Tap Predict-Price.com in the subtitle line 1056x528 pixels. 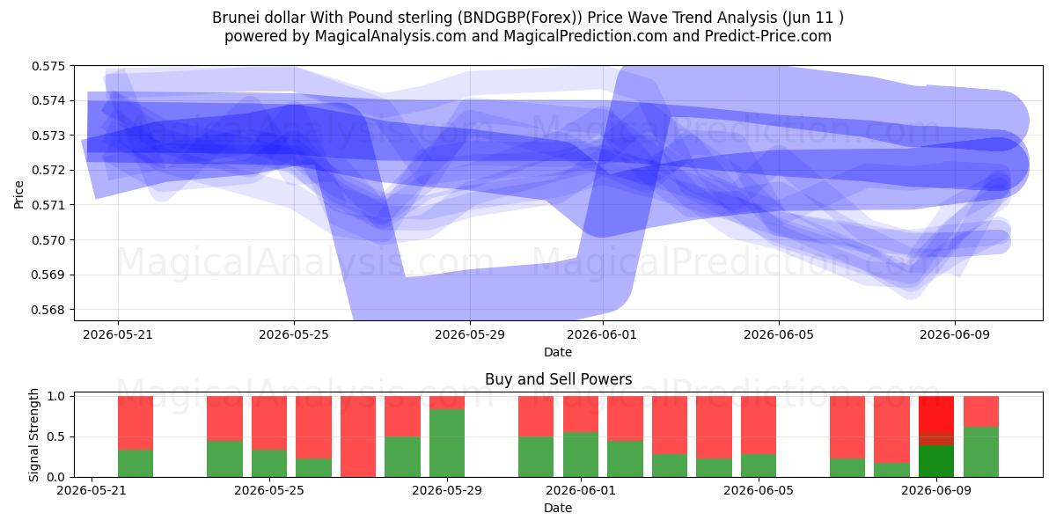[x=768, y=36]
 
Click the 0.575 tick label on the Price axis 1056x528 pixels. [x=48, y=66]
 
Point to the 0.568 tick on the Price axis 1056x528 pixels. [x=48, y=310]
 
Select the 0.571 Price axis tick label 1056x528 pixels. [x=48, y=205]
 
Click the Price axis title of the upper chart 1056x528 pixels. [x=18, y=194]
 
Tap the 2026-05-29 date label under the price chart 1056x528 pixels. [x=470, y=334]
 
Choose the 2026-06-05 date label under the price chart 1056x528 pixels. [x=779, y=334]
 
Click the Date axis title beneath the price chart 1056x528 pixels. [x=558, y=352]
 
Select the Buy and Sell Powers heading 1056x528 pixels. [x=558, y=379]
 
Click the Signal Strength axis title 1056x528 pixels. [x=33, y=435]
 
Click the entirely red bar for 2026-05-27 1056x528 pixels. [x=358, y=436]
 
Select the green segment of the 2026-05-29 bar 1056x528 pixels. [x=447, y=444]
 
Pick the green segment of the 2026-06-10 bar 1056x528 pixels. [x=981, y=452]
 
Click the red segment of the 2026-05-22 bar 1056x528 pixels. [x=136, y=423]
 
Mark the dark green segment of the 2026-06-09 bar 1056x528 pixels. [x=936, y=461]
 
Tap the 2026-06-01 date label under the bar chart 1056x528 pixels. [x=580, y=491]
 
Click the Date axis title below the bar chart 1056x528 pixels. [x=558, y=509]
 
